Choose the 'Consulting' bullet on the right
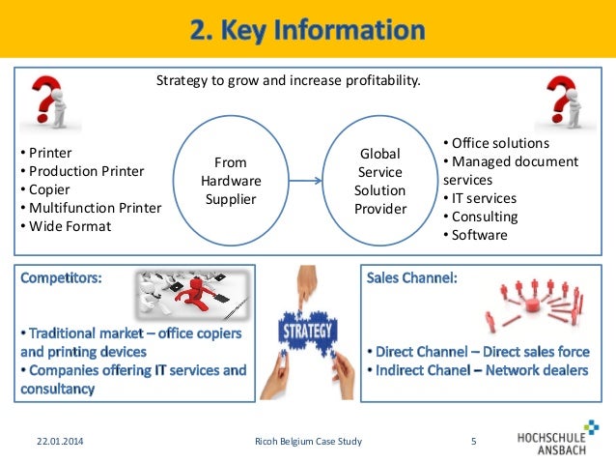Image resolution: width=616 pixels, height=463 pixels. [x=483, y=217]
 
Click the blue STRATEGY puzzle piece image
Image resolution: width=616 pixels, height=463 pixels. [x=307, y=333]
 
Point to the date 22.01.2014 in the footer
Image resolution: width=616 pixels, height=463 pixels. [x=52, y=443]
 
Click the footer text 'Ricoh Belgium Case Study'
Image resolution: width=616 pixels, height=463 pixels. [x=294, y=443]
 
